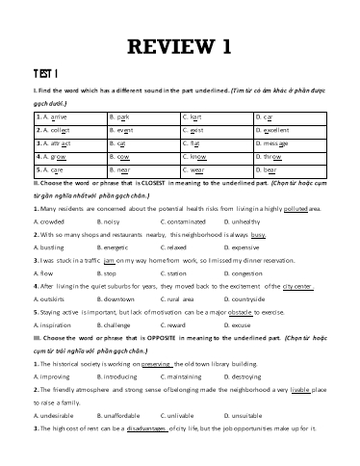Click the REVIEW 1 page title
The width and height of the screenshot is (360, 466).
[x=179, y=45]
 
